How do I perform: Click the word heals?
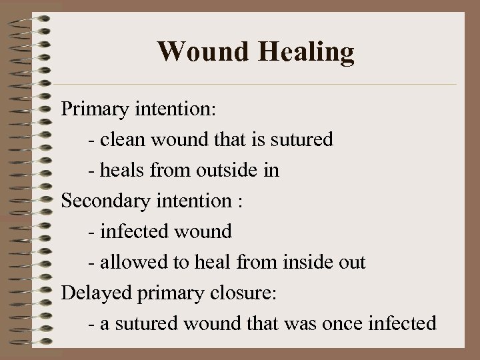point(120,171)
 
